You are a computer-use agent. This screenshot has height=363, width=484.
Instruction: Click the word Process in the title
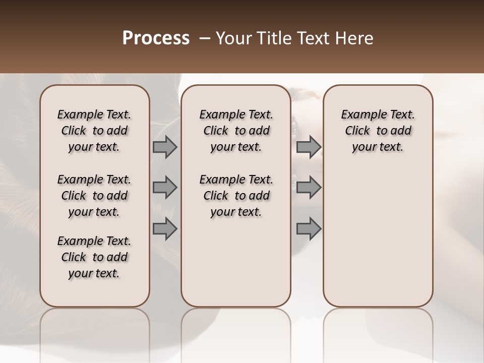pyautogui.click(x=156, y=38)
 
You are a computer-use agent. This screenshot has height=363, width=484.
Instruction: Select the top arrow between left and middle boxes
pyautogui.click(x=165, y=147)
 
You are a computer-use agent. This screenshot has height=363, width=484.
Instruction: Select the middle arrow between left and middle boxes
pyautogui.click(x=165, y=188)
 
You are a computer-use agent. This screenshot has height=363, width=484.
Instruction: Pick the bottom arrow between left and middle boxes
pyautogui.click(x=165, y=229)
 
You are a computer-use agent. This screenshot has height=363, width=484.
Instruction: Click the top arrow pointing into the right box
pyautogui.click(x=309, y=147)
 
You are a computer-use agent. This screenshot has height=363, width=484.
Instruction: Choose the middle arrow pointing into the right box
pyautogui.click(x=309, y=188)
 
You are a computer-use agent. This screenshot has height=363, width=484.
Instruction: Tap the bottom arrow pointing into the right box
pyautogui.click(x=309, y=229)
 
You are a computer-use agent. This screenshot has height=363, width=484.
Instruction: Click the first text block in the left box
pyautogui.click(x=94, y=131)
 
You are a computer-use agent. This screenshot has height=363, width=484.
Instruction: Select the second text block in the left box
pyautogui.click(x=94, y=196)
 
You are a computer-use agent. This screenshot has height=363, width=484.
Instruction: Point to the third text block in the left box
pyautogui.click(x=94, y=257)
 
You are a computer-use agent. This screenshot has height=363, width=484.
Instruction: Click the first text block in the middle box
pyautogui.click(x=236, y=131)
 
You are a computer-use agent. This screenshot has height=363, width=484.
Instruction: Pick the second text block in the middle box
pyautogui.click(x=236, y=196)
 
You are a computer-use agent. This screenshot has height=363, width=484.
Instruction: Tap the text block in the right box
pyautogui.click(x=378, y=131)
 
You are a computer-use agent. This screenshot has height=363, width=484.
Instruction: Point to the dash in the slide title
pyautogui.click(x=204, y=38)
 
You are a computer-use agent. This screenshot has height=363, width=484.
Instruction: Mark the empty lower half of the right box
pyautogui.click(x=378, y=237)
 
